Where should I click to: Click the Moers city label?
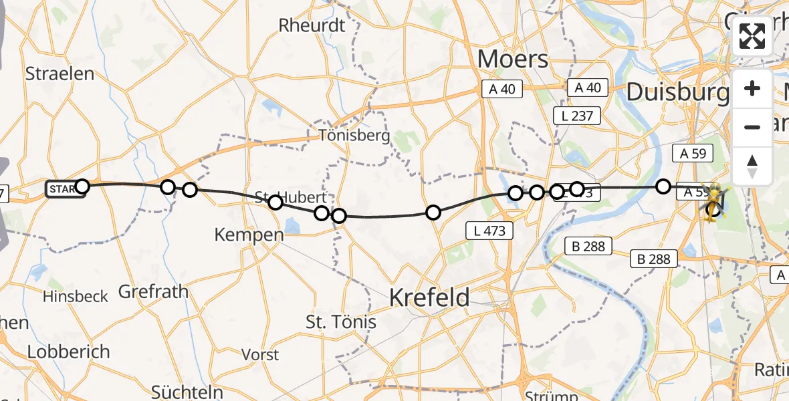click(x=513, y=59)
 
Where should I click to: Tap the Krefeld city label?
click(x=430, y=297)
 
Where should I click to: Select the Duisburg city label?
click(x=677, y=92)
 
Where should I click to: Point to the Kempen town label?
click(x=239, y=235)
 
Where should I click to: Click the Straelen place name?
click(x=60, y=73)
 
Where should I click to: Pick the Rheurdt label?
click(x=312, y=25)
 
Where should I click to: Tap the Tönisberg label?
click(x=354, y=136)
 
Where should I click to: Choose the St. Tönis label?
click(x=341, y=322)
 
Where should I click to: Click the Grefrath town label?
click(x=153, y=291)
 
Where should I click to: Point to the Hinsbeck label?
click(x=75, y=296)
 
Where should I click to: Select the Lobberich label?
click(x=68, y=352)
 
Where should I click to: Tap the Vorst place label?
click(x=260, y=354)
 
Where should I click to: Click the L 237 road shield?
click(x=577, y=116)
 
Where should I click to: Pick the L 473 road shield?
click(x=490, y=231)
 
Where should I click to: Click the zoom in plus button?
click(x=752, y=89)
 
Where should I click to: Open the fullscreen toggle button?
click(x=752, y=36)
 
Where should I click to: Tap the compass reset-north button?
click(x=752, y=166)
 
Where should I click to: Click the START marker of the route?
click(x=65, y=189)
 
